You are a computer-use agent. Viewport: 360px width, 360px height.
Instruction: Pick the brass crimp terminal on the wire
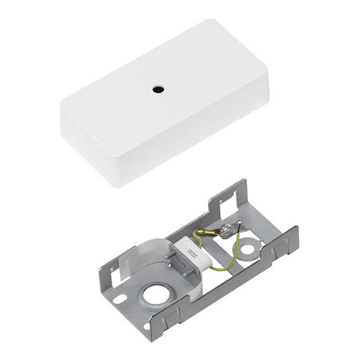206,233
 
